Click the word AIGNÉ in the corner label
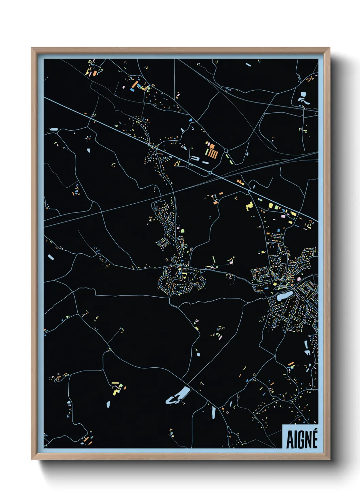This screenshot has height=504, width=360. pos(301,440)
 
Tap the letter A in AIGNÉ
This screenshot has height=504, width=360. pos(290,440)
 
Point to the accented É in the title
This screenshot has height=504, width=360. pos(314,439)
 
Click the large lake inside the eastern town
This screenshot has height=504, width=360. pos(284,296)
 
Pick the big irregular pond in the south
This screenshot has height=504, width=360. pos(178,395)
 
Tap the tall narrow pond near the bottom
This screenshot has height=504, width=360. pos(214,412)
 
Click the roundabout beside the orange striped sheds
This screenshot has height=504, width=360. pos(225,150)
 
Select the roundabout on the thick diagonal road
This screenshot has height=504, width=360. pos(210,173)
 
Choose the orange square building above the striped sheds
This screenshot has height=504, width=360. pos(212,146)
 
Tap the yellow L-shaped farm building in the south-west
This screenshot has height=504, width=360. pos(116,392)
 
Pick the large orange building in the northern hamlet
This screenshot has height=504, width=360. pos(135,84)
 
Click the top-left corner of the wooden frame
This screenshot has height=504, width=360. pos(32,48)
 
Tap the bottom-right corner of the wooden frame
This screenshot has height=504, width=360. pos(330,459)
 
